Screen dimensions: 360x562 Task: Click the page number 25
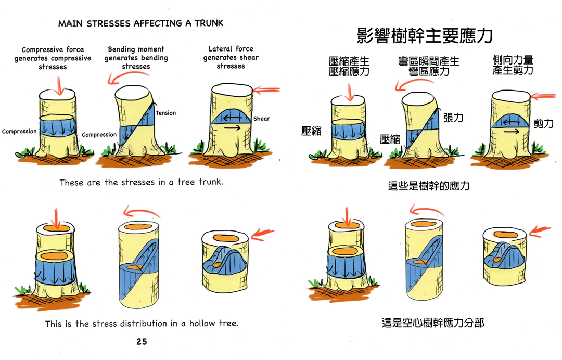[142, 342]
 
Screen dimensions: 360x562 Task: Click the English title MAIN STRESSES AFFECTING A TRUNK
[140, 23]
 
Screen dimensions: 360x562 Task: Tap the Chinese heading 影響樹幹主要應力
[425, 35]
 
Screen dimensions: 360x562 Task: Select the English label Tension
[166, 113]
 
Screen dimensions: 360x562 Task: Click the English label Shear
[261, 119]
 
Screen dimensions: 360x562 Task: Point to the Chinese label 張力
[453, 118]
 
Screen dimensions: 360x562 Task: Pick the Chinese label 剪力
[544, 124]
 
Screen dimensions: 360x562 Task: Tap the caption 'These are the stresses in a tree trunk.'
[141, 183]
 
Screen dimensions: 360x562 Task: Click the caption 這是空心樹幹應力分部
[433, 323]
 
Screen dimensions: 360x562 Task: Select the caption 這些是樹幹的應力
[429, 185]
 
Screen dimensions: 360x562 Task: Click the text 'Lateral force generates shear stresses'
[231, 57]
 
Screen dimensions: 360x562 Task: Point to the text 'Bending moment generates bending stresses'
[136, 58]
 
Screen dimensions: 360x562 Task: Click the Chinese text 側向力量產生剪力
[513, 65]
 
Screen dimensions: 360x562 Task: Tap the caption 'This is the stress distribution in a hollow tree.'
[142, 324]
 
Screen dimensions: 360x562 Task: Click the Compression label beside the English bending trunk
[99, 135]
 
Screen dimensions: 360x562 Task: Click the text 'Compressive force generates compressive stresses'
[53, 58]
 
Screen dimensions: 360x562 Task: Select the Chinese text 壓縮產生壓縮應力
[349, 66]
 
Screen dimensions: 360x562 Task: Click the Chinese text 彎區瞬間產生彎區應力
[429, 66]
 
